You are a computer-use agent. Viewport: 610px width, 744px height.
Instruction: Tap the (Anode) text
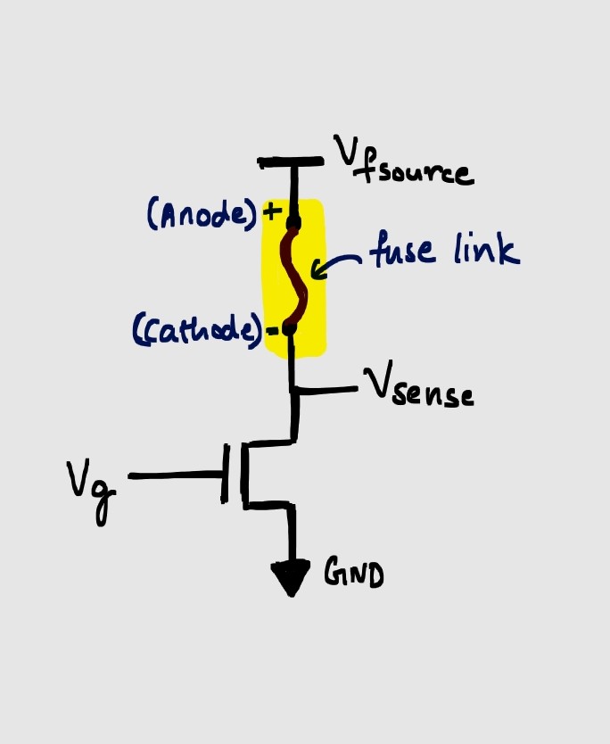pos(202,215)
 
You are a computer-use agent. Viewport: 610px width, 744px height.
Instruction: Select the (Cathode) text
pos(199,331)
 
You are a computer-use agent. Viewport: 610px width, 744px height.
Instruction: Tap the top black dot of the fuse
pos(293,220)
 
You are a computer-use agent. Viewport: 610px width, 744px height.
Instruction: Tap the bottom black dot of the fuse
pos(288,329)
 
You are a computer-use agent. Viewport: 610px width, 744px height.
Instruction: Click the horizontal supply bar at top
pos(291,162)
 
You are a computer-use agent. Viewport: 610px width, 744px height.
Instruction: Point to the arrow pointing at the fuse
pos(343,263)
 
